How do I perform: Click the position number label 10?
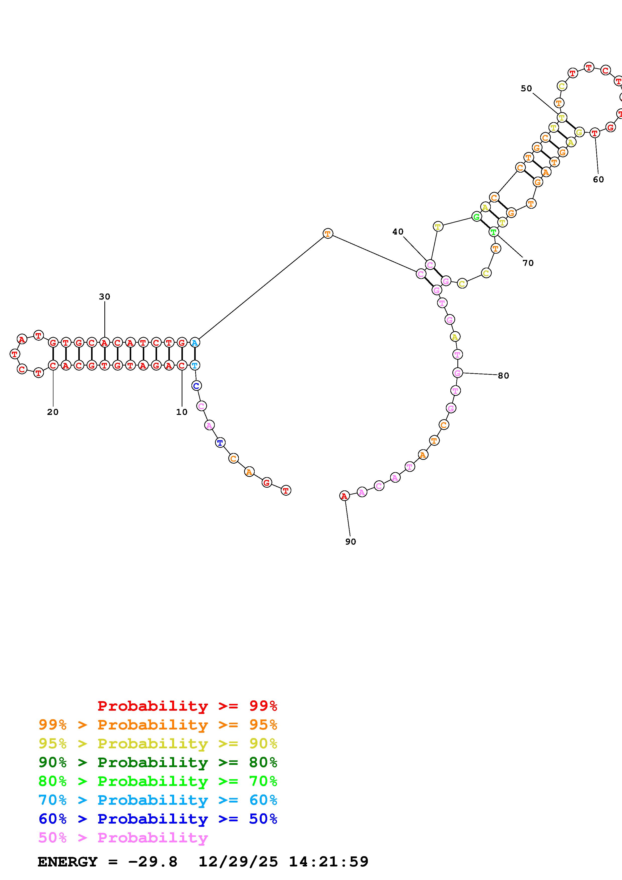point(182,412)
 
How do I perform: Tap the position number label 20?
point(53,412)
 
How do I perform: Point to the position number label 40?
point(398,232)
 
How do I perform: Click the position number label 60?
point(598,179)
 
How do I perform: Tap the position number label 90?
point(350,542)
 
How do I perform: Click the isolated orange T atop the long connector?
point(328,233)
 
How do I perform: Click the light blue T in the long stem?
point(195,365)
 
